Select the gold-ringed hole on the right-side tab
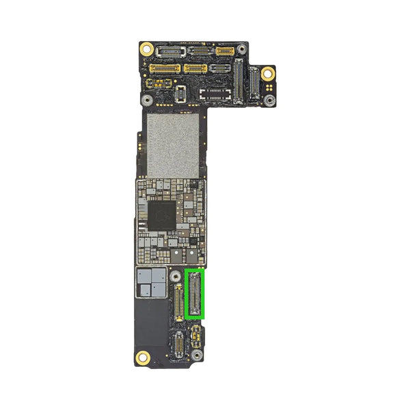268,73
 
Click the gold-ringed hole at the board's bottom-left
143,357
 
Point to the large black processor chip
162,216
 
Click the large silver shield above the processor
173,145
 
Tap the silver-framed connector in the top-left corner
168,51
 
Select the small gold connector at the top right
225,51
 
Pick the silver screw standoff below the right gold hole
270,100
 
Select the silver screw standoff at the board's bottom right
197,356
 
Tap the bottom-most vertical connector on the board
177,345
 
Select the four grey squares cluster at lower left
151,282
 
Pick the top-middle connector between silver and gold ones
200,51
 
